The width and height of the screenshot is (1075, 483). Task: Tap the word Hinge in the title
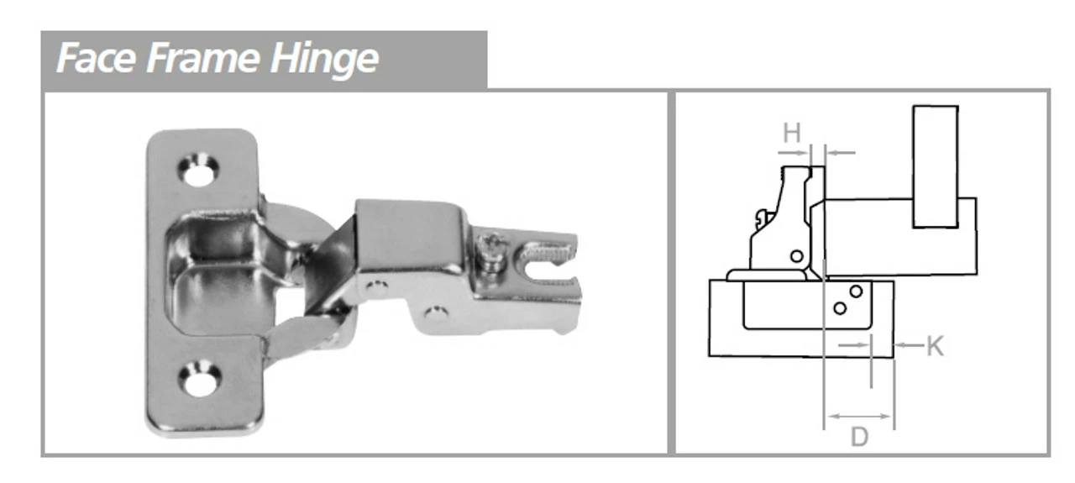tap(324, 59)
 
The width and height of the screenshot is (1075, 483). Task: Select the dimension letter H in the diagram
tap(791, 133)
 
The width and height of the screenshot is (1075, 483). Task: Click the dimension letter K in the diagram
tap(935, 345)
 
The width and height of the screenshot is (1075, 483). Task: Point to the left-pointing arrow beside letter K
tap(909, 344)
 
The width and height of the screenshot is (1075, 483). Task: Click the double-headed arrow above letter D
tap(859, 416)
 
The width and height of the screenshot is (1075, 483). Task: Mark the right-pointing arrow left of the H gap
tap(794, 153)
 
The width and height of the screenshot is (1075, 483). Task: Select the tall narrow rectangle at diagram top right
tap(936, 166)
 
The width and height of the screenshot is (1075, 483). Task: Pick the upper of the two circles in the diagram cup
tap(856, 291)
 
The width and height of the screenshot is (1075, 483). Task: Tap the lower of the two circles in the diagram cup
tap(840, 308)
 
